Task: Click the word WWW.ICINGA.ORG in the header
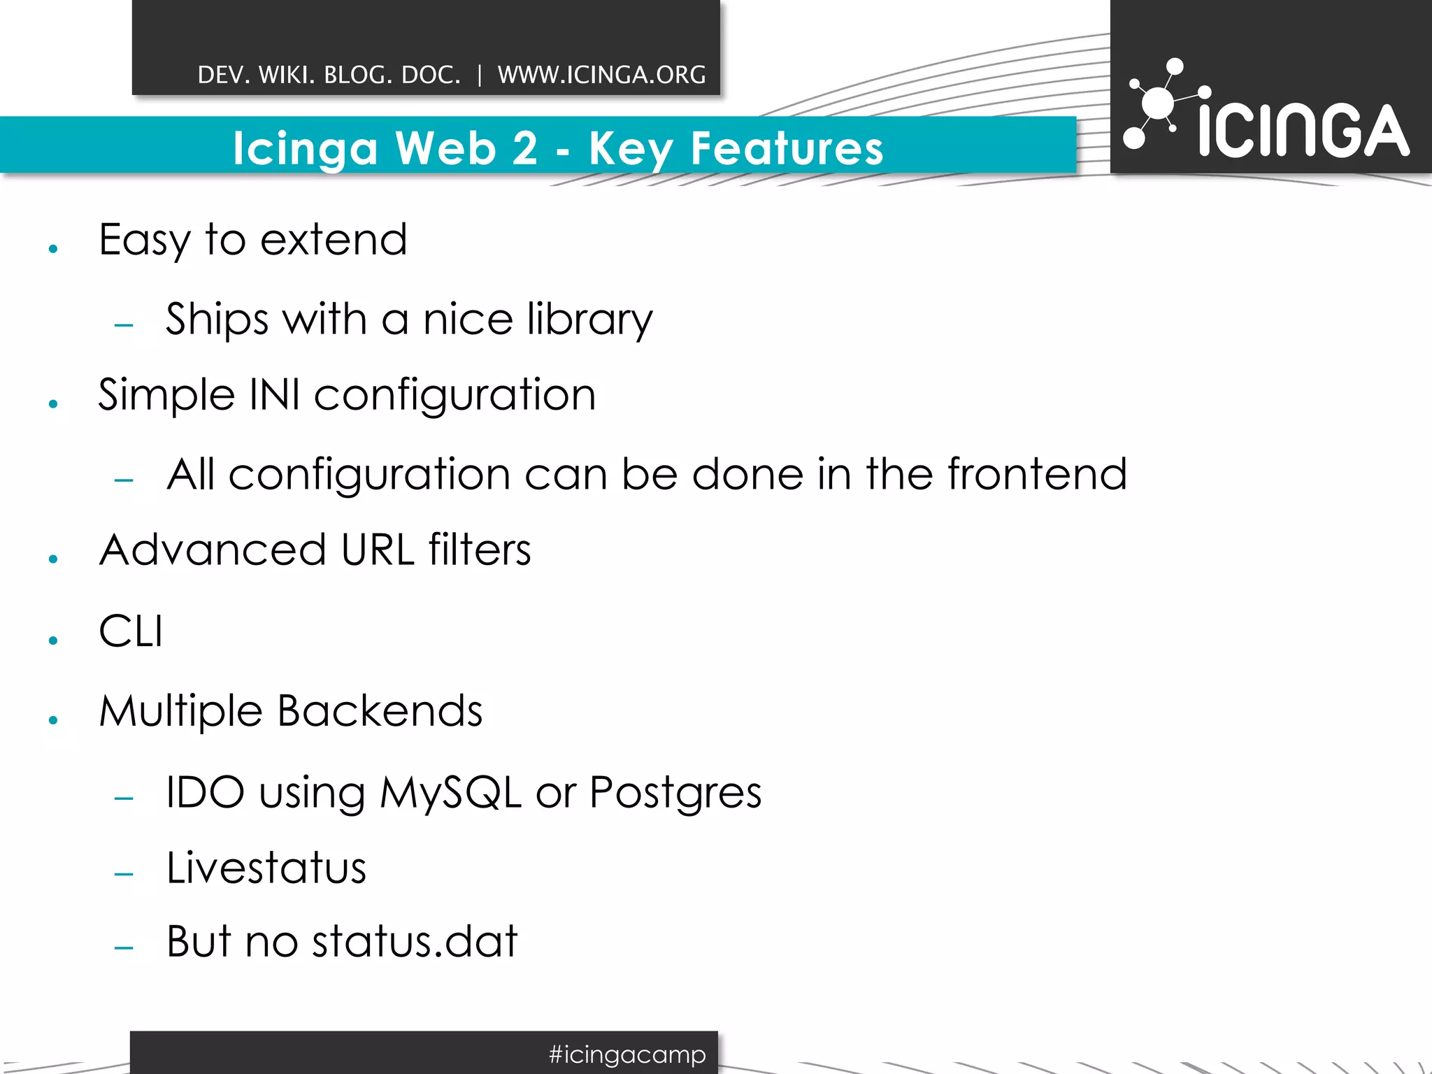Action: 601,75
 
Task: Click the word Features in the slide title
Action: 787,148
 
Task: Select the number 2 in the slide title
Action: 524,148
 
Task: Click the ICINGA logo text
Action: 1303,131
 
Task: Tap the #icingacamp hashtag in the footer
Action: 627,1054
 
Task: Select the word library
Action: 589,320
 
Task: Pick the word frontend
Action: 1037,474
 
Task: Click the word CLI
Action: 131,631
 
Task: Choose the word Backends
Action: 380,711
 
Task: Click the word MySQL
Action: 450,793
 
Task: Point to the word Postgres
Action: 675,793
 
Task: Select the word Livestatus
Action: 266,868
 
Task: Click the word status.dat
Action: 415,941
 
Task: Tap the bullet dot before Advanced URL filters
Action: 53,559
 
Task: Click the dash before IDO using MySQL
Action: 124,798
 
